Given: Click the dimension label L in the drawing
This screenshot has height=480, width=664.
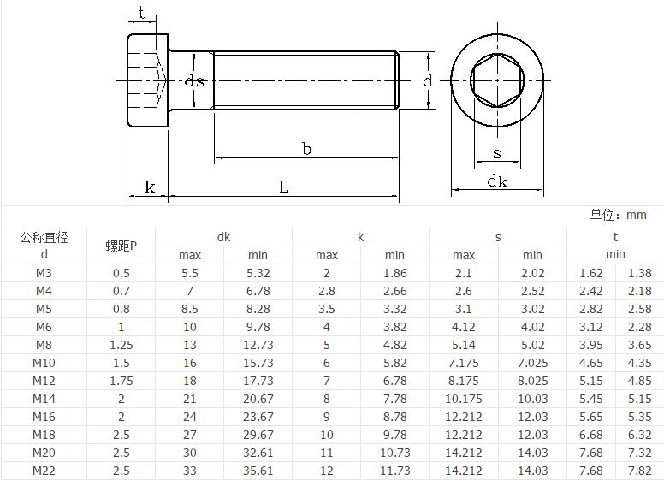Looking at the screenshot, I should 284,186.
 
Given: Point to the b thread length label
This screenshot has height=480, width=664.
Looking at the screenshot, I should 306,149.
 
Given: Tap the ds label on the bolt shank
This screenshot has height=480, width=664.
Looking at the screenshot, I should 195,81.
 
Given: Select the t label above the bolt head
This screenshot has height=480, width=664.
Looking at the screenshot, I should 140,14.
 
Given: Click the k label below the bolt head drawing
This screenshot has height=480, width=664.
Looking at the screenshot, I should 150,186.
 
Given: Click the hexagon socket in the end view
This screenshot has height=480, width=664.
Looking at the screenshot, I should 497,81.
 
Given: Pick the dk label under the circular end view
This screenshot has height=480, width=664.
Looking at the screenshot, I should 497,181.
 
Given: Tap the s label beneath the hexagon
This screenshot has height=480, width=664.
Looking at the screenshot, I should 497,154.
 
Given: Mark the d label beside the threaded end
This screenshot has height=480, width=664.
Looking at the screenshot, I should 427,81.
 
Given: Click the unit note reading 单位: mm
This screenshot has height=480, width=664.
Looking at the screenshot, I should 618,216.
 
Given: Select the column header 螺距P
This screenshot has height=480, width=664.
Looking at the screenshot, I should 121,246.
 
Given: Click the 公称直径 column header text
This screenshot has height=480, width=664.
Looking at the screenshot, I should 44,238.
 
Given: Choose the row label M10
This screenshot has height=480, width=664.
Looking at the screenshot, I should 44,363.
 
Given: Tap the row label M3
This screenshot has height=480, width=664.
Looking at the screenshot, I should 44,273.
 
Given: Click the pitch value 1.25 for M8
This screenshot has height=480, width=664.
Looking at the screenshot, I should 121,345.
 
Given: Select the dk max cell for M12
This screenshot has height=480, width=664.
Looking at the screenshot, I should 190,381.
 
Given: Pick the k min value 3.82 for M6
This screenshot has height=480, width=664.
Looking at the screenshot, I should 394,327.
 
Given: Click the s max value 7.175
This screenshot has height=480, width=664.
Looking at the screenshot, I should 464,363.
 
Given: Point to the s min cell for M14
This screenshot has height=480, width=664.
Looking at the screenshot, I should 532,399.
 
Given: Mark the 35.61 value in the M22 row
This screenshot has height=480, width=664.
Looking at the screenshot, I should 258,471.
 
